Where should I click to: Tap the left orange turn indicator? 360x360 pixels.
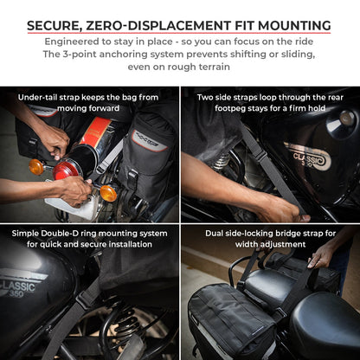36,166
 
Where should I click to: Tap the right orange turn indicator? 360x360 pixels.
109,192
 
